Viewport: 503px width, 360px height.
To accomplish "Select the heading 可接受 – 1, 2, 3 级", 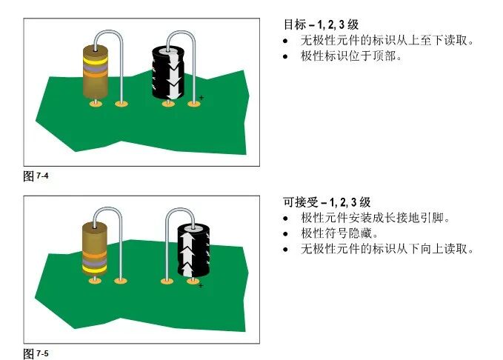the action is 327,202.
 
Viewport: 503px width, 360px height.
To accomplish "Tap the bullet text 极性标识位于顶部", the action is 351,56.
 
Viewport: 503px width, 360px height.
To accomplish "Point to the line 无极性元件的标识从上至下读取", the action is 387,40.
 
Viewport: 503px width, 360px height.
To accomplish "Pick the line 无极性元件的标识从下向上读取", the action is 387,249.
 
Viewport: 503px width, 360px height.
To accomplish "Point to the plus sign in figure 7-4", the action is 201,98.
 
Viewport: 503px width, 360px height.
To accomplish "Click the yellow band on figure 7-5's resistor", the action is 95,269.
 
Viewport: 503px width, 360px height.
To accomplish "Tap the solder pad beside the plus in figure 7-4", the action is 194,104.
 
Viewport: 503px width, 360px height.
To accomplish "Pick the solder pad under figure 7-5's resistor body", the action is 95,281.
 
